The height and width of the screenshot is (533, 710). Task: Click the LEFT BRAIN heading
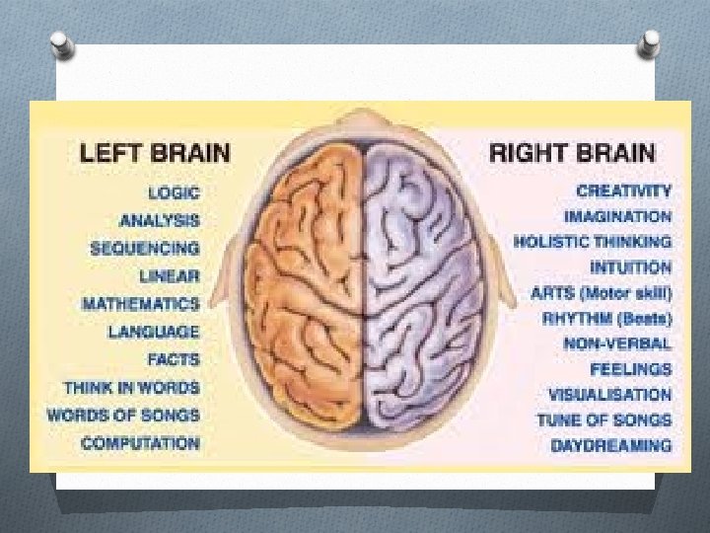pyautogui.click(x=155, y=153)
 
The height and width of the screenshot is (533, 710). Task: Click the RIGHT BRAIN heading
pyautogui.click(x=572, y=153)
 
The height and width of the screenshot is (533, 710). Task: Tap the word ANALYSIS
pyautogui.click(x=159, y=220)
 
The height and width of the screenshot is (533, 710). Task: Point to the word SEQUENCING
pyautogui.click(x=144, y=249)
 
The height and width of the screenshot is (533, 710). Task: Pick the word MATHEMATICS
pyautogui.click(x=140, y=304)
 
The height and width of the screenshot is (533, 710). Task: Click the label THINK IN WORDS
pyautogui.click(x=131, y=388)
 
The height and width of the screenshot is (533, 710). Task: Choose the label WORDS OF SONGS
pyautogui.click(x=123, y=416)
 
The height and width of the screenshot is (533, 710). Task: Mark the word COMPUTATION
pyautogui.click(x=140, y=444)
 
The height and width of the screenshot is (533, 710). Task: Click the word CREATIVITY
pyautogui.click(x=624, y=190)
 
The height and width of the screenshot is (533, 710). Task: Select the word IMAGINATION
pyautogui.click(x=618, y=216)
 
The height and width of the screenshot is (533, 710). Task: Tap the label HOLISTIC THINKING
pyautogui.click(x=593, y=242)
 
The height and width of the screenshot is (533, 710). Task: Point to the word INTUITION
pyautogui.click(x=631, y=267)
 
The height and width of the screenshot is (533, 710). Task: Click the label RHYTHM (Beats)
pyautogui.click(x=607, y=319)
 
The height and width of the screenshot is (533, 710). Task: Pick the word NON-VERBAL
pyautogui.click(x=617, y=344)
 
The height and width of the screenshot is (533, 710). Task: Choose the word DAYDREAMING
pyautogui.click(x=611, y=445)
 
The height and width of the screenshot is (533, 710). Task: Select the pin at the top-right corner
pyautogui.click(x=650, y=42)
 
